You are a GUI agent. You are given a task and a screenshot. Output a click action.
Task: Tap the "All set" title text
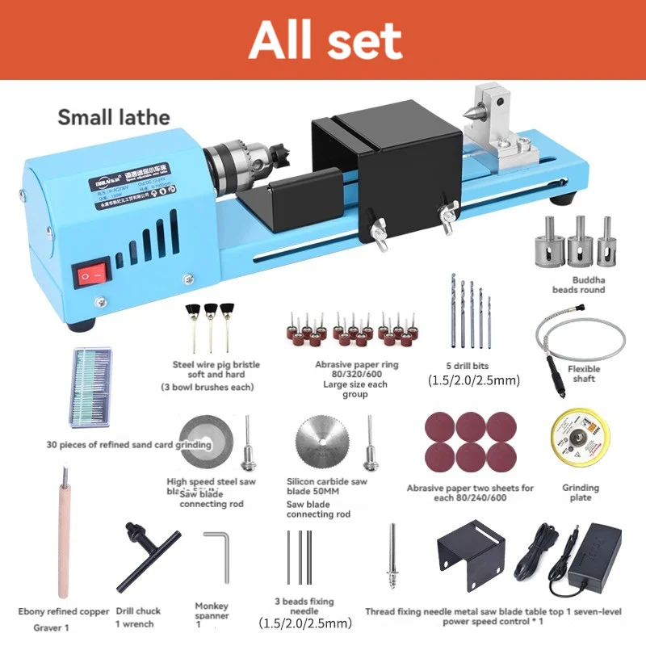coord(325,40)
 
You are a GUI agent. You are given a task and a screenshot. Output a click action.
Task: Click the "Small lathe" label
coord(114,117)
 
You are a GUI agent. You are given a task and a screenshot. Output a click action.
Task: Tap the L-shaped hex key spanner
coord(216,556)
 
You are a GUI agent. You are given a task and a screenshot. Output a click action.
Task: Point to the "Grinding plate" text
coord(581,493)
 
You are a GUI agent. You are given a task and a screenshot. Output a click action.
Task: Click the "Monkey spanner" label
coord(212,611)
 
